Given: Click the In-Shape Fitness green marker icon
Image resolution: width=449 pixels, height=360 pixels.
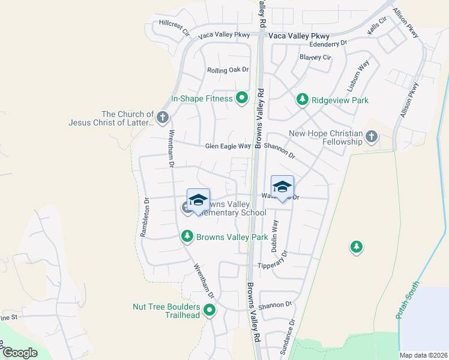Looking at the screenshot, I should point(242,97).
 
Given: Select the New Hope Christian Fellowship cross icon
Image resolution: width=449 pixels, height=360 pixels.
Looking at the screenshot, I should point(372,136).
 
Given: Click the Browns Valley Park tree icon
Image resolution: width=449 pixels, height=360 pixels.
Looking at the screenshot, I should point(187,237).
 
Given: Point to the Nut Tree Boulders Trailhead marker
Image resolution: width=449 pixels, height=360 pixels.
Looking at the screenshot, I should point(209,310).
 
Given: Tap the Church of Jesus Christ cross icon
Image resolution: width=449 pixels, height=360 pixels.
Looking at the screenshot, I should point(162,115).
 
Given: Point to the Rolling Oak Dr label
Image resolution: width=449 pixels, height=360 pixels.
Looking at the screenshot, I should point(228,70).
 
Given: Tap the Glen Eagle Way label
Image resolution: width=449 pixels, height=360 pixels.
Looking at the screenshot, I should point(228,146).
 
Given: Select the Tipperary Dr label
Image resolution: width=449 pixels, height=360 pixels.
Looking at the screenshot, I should point(273,265).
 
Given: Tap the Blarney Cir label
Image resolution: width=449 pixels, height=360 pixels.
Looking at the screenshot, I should point(315,58).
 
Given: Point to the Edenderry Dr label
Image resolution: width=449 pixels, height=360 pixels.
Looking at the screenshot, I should point(328,43).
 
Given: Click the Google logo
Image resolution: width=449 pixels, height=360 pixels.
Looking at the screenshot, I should point(20,352).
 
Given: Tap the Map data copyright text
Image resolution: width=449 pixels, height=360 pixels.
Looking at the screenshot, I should point(423,355).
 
